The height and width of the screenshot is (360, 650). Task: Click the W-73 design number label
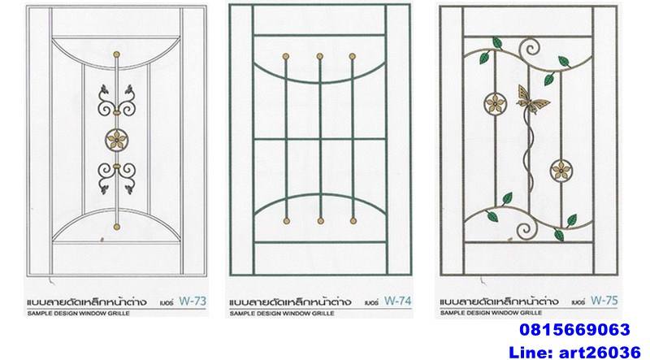pos(193,301)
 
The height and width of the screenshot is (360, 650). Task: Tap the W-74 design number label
pos(397,301)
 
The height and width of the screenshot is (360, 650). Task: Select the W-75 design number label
pos(604,301)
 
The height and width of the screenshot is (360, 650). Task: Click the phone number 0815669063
pos(574,330)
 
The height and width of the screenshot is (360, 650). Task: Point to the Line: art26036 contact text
pos(574,352)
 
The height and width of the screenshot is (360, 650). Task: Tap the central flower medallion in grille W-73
pos(116,140)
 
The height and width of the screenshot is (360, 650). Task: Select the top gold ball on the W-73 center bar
pos(116,54)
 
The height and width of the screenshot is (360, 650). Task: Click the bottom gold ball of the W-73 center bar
pos(116,227)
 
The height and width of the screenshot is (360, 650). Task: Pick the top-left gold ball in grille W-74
pos(286,56)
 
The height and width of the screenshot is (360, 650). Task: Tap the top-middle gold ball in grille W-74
pos(319,56)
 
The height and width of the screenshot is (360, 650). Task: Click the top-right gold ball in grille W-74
pos(353,56)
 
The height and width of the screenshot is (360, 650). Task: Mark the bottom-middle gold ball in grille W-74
pos(320,221)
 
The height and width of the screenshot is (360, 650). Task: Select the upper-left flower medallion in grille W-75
pos(495,103)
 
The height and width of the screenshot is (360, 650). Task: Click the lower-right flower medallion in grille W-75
pos(561,170)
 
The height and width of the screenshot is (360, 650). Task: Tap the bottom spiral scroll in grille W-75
pos(526,231)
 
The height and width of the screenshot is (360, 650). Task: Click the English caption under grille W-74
pos(282,314)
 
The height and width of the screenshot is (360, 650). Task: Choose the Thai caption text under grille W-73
pos(87,302)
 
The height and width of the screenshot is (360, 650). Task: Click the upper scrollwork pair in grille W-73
pos(116,100)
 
